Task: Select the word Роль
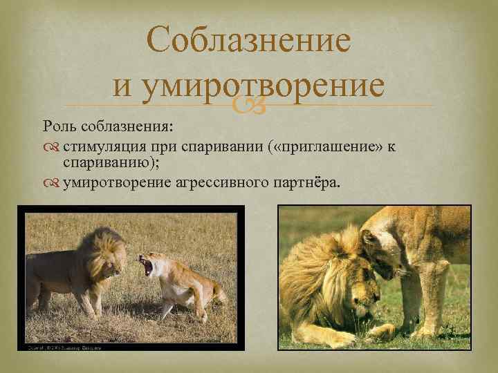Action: pyautogui.click(x=60, y=127)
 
